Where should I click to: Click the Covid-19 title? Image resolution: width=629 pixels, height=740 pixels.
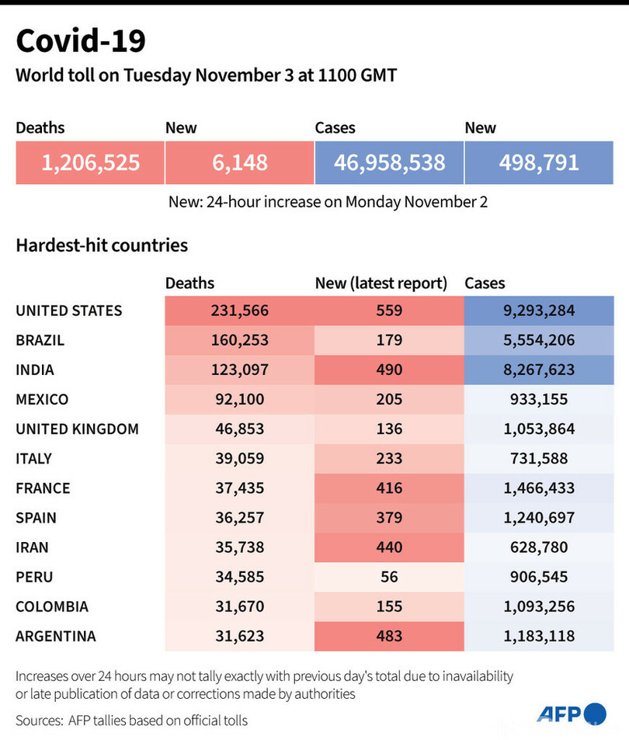coord(81,41)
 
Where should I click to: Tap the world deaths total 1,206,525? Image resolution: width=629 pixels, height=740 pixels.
coord(91,162)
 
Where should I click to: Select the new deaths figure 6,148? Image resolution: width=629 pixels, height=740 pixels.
coord(240,162)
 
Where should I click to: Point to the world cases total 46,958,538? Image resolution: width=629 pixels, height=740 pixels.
coord(389,162)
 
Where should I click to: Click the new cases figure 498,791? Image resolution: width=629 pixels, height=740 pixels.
coord(539,162)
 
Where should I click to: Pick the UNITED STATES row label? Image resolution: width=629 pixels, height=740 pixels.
coord(69,311)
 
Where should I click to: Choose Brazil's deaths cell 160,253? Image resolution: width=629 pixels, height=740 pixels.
coord(239,340)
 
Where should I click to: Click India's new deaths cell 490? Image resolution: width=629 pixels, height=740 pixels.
coord(388,370)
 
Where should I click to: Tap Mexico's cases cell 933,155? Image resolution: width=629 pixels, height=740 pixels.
coord(539,399)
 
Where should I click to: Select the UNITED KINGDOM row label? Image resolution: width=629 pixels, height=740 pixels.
coord(78,429)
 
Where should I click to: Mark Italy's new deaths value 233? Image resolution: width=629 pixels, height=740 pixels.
coord(388,458)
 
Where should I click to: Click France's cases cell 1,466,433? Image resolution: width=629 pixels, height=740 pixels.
coord(539,488)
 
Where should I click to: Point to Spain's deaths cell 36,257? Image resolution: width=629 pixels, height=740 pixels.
coord(239,517)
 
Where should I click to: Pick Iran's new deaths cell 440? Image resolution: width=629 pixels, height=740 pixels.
coord(388,547)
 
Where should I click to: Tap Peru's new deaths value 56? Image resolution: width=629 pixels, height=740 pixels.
coord(388,577)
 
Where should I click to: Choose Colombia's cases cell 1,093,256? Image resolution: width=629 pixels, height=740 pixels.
coord(539,606)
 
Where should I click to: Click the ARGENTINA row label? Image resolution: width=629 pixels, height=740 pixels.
coord(56,636)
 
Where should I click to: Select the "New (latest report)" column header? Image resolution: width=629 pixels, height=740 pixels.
coord(381,283)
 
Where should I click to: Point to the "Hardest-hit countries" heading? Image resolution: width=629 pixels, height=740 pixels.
coord(102,245)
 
